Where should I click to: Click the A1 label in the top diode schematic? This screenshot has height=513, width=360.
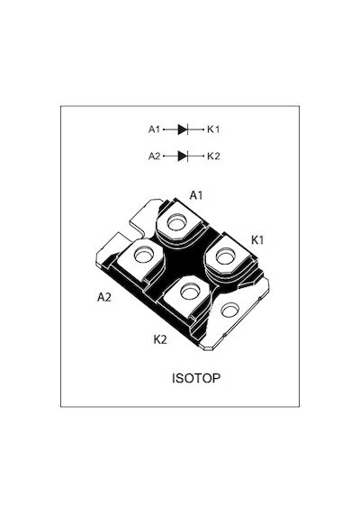pyautogui.click(x=154, y=130)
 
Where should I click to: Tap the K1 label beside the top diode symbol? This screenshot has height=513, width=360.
pyautogui.click(x=213, y=130)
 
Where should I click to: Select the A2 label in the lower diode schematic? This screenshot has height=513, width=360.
pyautogui.click(x=155, y=156)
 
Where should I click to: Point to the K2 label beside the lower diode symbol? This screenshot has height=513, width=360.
pyautogui.click(x=213, y=156)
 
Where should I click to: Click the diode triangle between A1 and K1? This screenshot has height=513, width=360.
pyautogui.click(x=183, y=130)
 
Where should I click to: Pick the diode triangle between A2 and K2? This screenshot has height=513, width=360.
pyautogui.click(x=183, y=156)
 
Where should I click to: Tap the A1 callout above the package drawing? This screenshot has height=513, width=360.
pyautogui.click(x=196, y=195)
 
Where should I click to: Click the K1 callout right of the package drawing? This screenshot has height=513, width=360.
pyautogui.click(x=257, y=239)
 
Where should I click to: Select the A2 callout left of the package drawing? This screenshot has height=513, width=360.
pyautogui.click(x=104, y=297)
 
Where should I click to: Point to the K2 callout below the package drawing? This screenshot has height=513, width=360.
pyautogui.click(x=160, y=339)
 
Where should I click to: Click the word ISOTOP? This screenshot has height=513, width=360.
pyautogui.click(x=196, y=378)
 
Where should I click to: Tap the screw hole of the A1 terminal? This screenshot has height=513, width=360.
pyautogui.click(x=176, y=223)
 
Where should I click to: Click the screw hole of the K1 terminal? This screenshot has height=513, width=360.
pyautogui.click(x=226, y=256)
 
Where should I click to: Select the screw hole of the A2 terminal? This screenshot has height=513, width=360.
pyautogui.click(x=144, y=255)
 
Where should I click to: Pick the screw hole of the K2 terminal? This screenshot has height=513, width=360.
pyautogui.click(x=190, y=292)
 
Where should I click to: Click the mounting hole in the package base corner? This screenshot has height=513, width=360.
pyautogui.click(x=229, y=310)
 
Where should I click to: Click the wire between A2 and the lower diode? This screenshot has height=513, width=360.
pyautogui.click(x=170, y=156)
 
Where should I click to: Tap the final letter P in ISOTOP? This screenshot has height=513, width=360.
pyautogui.click(x=216, y=378)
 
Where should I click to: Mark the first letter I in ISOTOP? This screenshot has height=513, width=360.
pyautogui.click(x=174, y=378)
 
